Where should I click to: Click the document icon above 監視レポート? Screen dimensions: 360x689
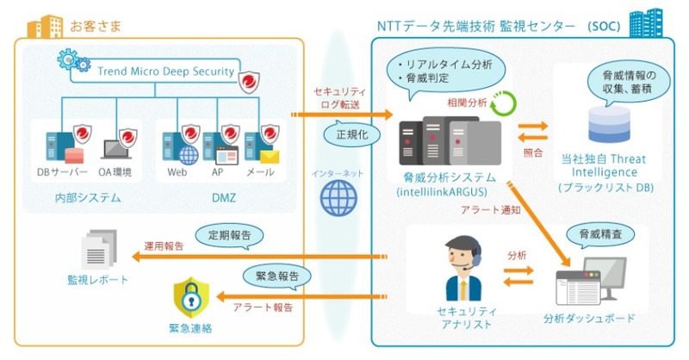[98, 251]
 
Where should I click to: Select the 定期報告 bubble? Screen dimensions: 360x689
[221, 234]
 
